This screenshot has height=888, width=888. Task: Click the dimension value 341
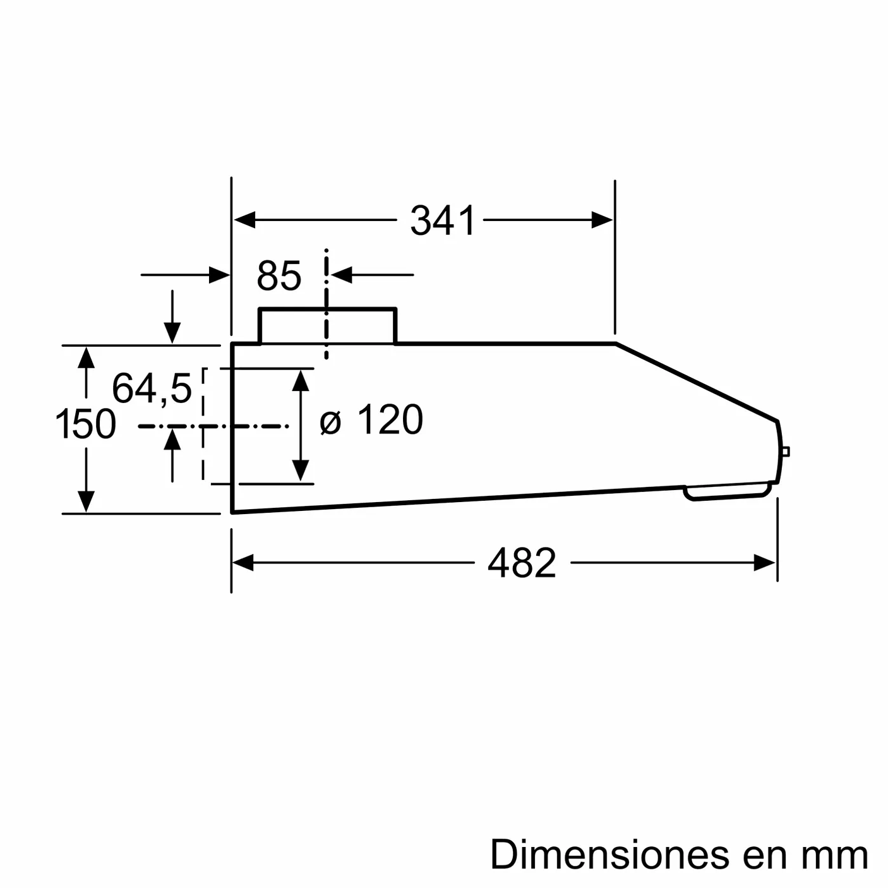point(441,220)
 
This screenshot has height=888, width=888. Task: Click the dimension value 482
point(522,563)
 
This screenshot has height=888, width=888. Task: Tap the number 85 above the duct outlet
point(279,275)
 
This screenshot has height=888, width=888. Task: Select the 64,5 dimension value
point(152,388)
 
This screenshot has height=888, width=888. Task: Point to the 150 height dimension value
point(86,424)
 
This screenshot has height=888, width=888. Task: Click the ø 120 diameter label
point(371,420)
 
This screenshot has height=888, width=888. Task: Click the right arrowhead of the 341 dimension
point(602,220)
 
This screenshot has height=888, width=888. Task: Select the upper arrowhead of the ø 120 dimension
point(301,380)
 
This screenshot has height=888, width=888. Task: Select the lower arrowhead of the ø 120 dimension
point(301,471)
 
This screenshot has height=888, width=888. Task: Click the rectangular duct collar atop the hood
point(328,326)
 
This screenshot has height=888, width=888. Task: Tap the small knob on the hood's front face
point(785,452)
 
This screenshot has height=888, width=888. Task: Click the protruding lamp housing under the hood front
point(727,491)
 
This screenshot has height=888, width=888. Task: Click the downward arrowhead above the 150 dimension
point(172,333)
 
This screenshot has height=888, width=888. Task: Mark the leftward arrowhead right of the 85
point(342,275)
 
